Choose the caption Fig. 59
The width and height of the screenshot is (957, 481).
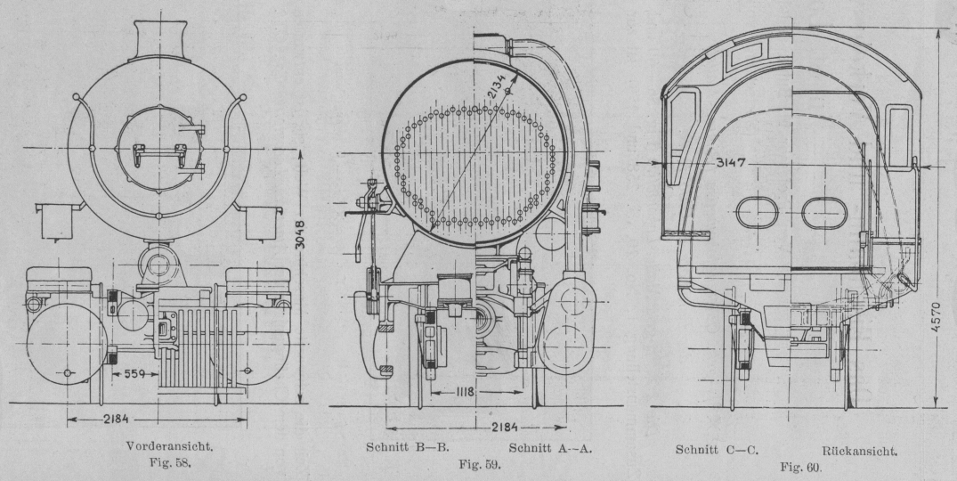(x=479, y=464)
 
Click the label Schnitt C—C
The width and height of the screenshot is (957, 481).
(x=718, y=450)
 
